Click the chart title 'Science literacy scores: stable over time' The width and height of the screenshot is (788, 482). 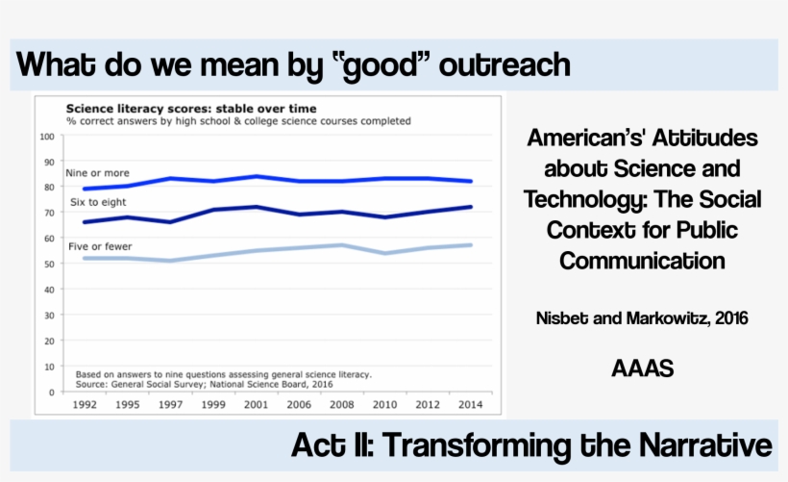pyautogui.click(x=190, y=108)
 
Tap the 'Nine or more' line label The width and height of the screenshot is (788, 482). pyautogui.click(x=97, y=173)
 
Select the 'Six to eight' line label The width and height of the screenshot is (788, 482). pyautogui.click(x=98, y=203)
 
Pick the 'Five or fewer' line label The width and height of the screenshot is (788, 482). pyautogui.click(x=100, y=247)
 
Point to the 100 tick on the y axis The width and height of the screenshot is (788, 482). pyautogui.click(x=46, y=137)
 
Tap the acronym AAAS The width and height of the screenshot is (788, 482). pyautogui.click(x=642, y=367)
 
